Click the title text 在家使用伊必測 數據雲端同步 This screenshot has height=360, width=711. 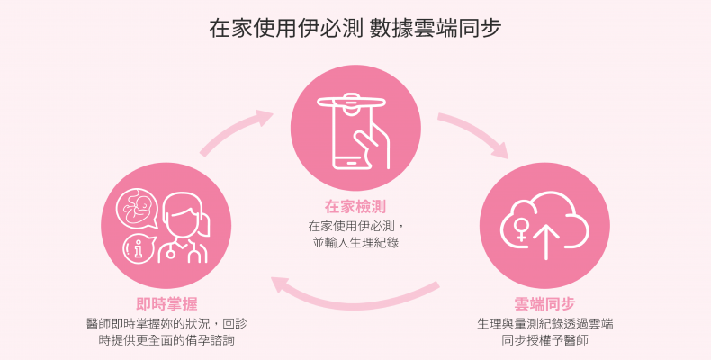pyautogui.click(x=355, y=28)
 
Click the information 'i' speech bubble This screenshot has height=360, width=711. pyautogui.click(x=136, y=247)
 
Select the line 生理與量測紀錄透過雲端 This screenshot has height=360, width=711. pyautogui.click(x=545, y=322)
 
